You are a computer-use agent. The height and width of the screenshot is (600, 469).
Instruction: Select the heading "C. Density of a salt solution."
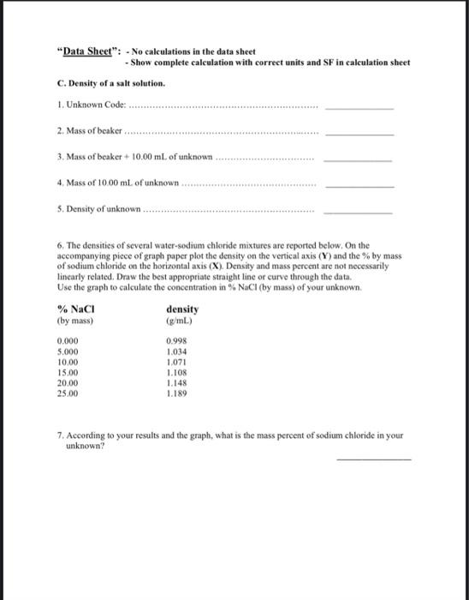tap(110, 84)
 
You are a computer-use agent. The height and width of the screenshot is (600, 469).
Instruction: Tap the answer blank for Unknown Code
tap(359, 110)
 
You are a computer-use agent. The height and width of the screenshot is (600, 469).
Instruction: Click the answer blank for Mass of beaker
tap(359, 135)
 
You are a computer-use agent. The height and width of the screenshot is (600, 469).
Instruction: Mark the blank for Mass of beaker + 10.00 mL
tap(359, 160)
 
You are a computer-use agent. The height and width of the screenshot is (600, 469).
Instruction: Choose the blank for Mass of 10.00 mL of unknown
tap(359, 186)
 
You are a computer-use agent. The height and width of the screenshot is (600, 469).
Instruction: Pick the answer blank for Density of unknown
tap(359, 212)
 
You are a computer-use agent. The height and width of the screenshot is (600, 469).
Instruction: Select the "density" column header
tap(181, 309)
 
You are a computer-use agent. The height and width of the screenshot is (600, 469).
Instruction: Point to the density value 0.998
tap(175, 340)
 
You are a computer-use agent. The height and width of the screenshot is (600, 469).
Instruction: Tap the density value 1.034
tap(175, 350)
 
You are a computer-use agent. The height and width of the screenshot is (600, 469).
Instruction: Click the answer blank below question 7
tap(374, 459)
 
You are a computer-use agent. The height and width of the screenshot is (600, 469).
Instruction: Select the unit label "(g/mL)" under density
tap(178, 321)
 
